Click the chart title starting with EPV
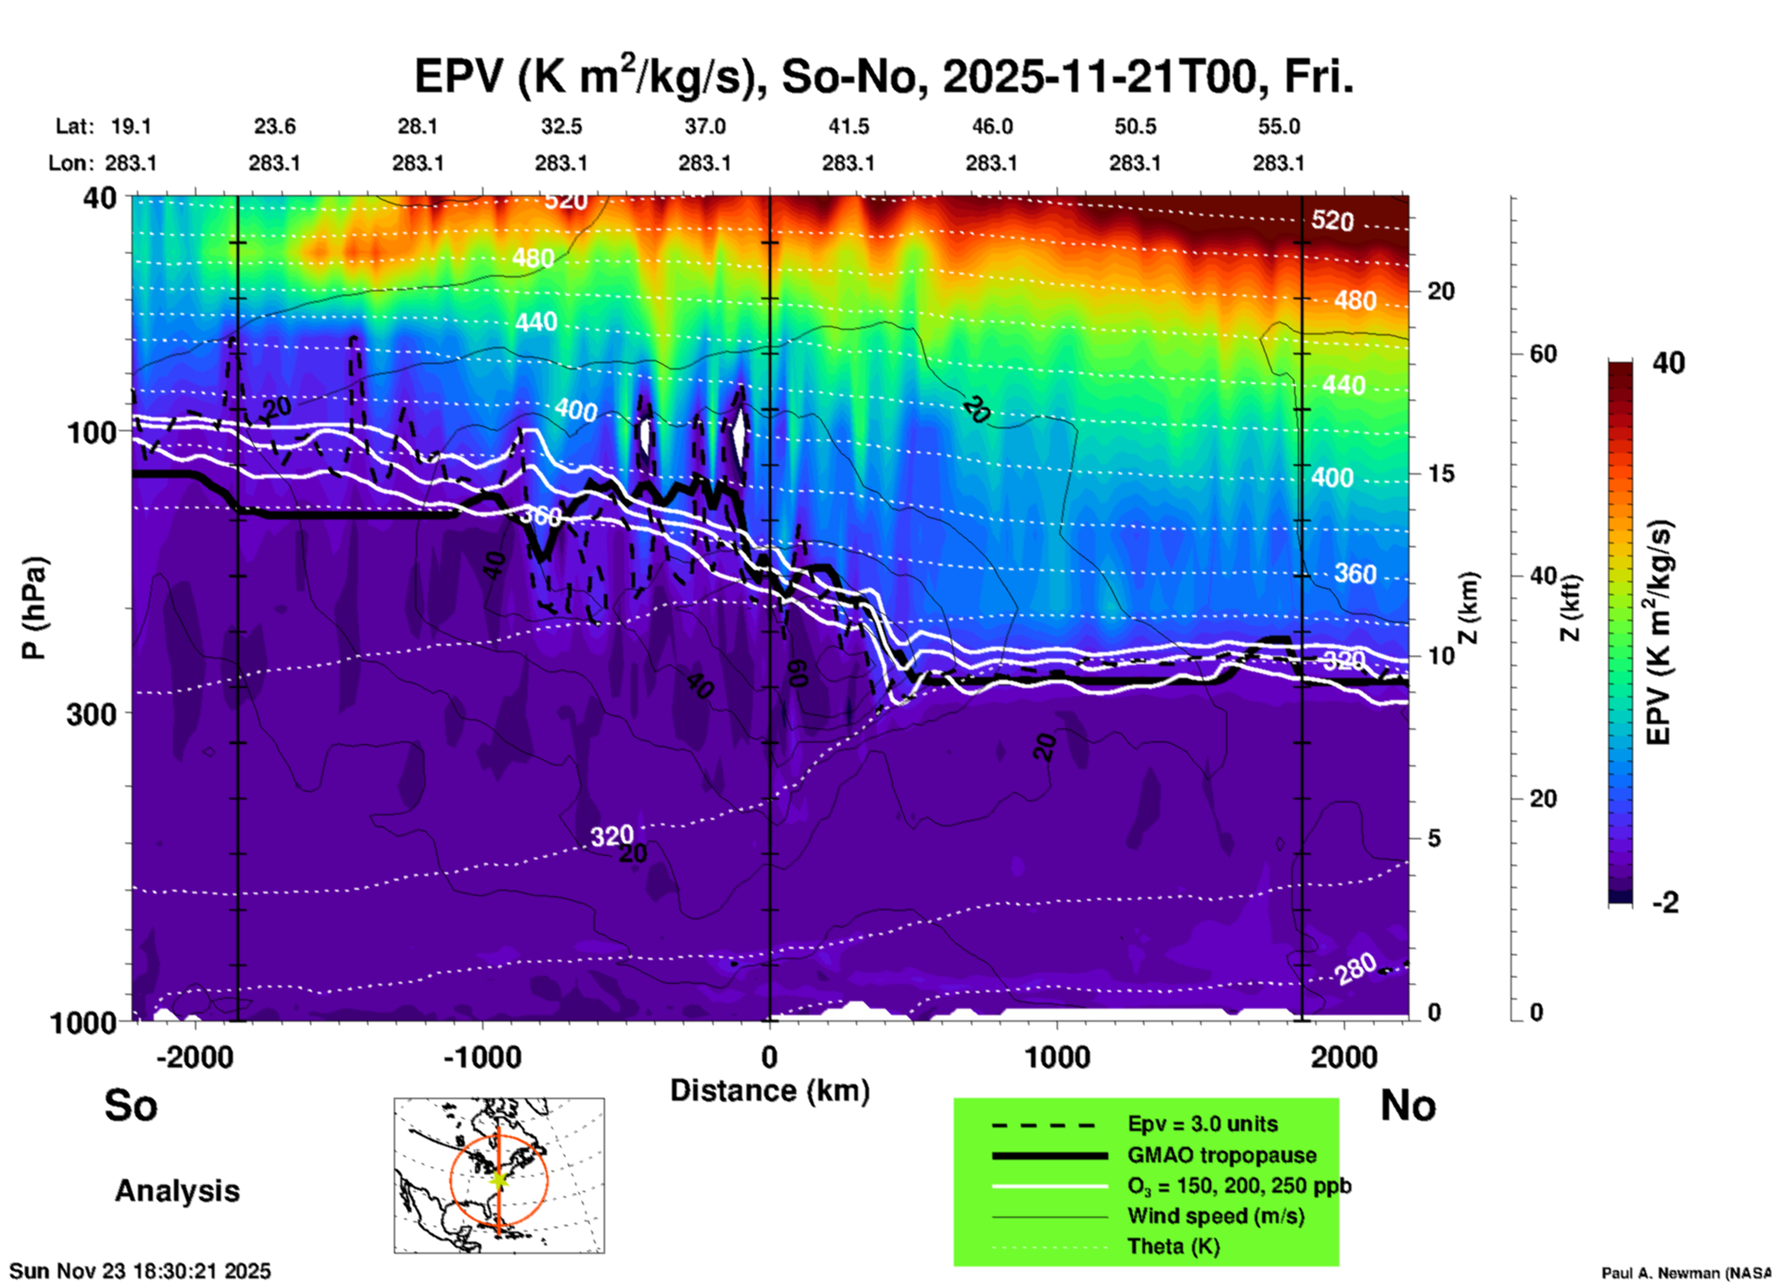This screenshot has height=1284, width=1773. (884, 76)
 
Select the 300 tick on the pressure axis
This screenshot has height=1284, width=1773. (91, 713)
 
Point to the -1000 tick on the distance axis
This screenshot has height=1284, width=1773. (481, 1056)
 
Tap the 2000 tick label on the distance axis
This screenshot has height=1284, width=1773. (1344, 1056)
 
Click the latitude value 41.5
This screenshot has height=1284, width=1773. (848, 126)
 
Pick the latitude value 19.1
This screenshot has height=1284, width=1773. (131, 126)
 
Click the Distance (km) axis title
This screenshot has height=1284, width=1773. (770, 1091)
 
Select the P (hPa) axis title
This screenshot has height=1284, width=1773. (34, 608)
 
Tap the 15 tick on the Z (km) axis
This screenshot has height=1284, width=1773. (1441, 473)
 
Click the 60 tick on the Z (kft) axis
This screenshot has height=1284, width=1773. (1543, 354)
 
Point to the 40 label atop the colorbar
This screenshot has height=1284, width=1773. (1668, 363)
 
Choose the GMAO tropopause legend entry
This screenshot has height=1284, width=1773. (1222, 1155)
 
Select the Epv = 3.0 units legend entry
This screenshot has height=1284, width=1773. (1202, 1124)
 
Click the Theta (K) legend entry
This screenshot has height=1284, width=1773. (1173, 1246)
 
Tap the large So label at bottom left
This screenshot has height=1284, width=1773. (131, 1105)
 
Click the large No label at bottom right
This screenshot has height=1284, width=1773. (1408, 1105)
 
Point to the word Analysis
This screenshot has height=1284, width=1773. (177, 1190)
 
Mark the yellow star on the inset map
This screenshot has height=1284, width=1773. (499, 1179)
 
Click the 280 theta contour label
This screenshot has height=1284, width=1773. (1356, 968)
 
